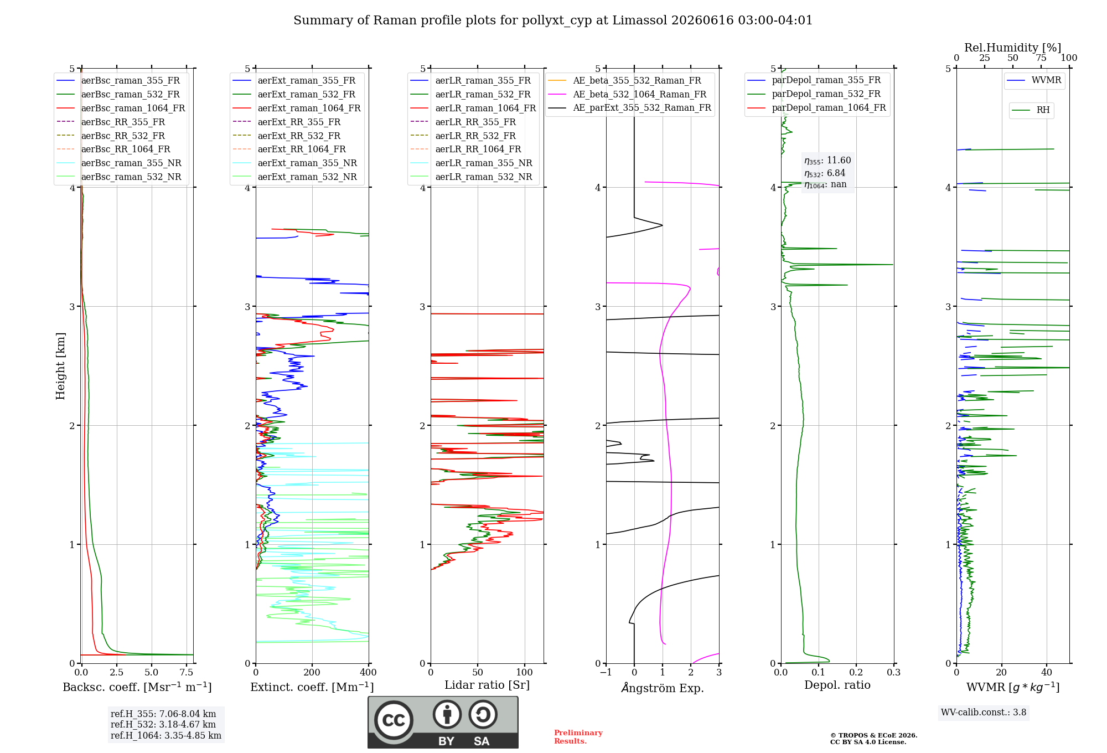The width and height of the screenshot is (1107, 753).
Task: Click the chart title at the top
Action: tap(553, 20)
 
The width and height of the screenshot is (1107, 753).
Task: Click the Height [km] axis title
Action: tap(60, 366)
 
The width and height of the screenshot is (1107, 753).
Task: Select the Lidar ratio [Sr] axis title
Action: tap(487, 685)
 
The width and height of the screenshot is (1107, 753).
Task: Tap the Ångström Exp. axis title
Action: tap(663, 688)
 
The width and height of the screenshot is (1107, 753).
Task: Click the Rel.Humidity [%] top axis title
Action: tap(1013, 48)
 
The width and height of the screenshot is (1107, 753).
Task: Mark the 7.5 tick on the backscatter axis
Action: tap(187, 672)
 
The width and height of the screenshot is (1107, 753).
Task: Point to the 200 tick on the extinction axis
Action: tap(312, 672)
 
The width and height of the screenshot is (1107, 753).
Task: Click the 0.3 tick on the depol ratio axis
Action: tap(894, 672)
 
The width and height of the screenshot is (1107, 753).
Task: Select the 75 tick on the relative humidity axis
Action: tap(1041, 58)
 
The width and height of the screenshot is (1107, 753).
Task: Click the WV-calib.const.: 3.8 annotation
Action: tap(984, 713)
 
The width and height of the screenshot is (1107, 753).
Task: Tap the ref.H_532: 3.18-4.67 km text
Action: tap(163, 724)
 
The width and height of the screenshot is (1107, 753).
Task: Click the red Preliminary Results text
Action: tap(578, 737)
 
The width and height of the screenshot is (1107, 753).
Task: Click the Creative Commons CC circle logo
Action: tap(394, 720)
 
